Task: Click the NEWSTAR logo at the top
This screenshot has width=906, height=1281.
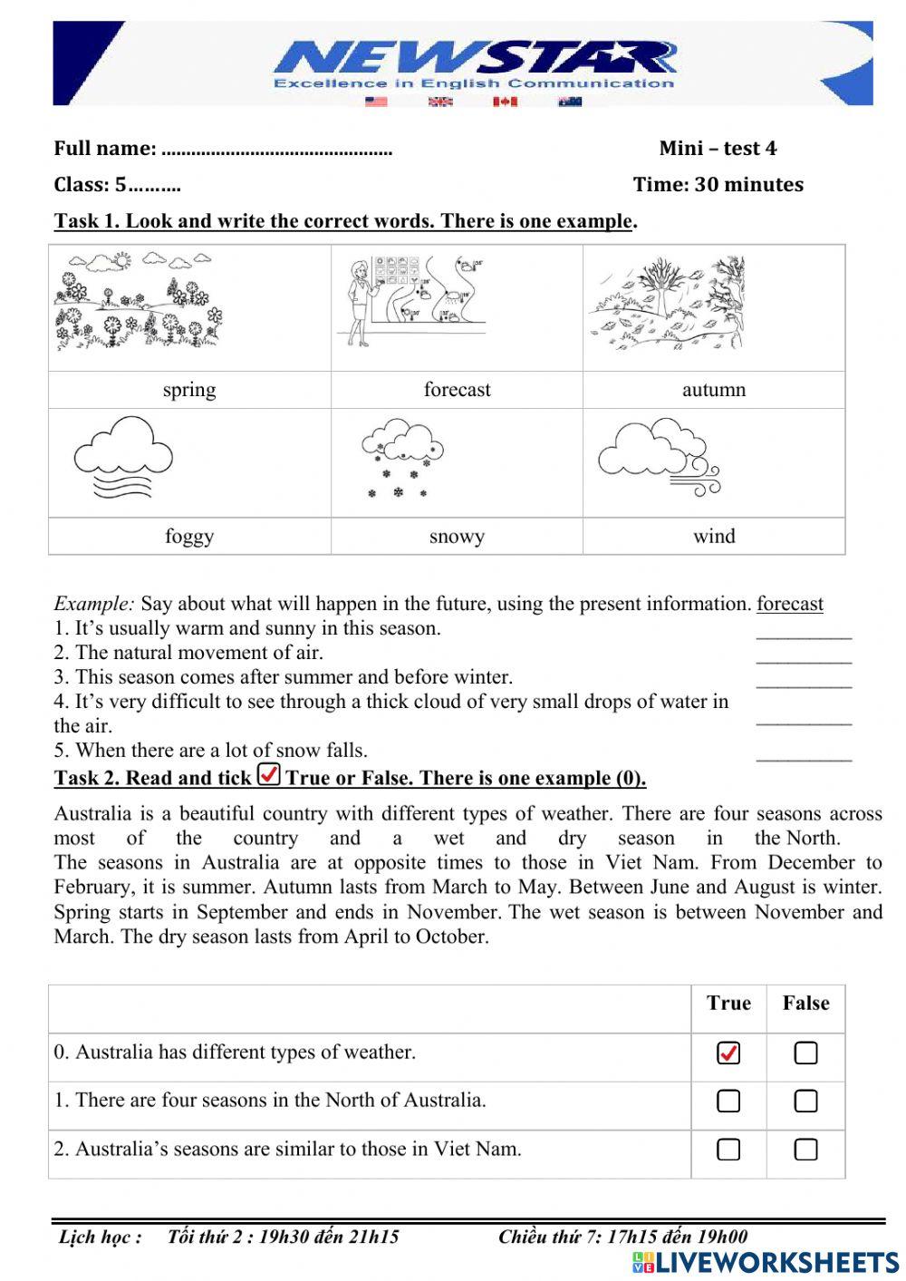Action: [x=475, y=62]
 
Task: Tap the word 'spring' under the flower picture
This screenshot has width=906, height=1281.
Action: [x=189, y=390]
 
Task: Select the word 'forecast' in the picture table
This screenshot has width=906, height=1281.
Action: [x=457, y=390]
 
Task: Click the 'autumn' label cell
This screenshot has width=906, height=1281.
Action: [x=714, y=390]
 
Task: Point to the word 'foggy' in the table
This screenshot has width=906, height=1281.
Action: [x=189, y=536]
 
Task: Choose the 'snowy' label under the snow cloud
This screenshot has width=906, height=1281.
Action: [x=457, y=537]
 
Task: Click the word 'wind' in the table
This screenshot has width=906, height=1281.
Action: [x=714, y=536]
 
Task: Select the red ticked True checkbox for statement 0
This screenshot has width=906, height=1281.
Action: [x=728, y=1053]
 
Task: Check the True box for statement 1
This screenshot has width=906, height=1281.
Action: [x=728, y=1101]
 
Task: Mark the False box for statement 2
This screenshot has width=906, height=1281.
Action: [x=805, y=1150]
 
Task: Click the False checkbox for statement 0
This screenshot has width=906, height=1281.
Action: [x=805, y=1053]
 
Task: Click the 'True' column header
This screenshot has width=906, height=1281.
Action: [x=728, y=1004]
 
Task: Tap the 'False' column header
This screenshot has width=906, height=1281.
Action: [x=805, y=1004]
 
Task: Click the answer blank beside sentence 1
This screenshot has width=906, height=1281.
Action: [x=804, y=634]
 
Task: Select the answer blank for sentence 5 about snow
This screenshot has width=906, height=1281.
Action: [x=804, y=756]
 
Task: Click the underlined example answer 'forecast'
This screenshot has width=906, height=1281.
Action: [x=790, y=604]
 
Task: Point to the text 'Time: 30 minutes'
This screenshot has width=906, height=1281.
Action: [x=718, y=185]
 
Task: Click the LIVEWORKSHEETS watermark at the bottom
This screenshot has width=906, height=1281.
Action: [x=766, y=1263]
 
